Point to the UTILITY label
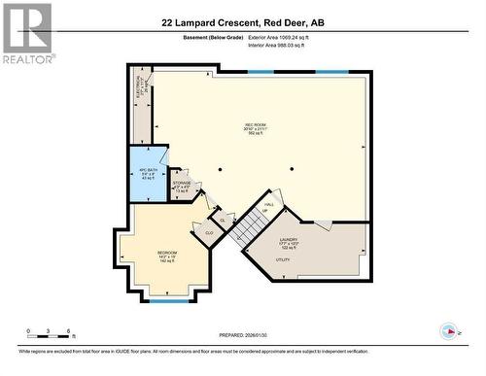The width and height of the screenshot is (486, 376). pos(284,260)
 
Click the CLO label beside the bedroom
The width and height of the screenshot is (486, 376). pos(209,233)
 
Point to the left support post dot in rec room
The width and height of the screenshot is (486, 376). pos(220,169)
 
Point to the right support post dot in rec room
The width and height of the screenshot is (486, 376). pos(290,169)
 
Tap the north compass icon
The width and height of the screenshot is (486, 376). pos(449,331)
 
